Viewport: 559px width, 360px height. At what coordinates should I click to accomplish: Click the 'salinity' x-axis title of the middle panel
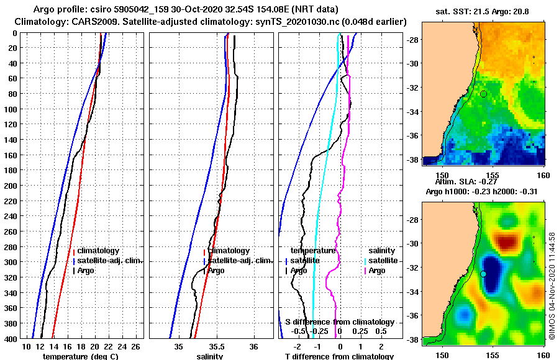[209, 356]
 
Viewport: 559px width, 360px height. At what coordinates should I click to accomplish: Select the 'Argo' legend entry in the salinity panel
[216, 271]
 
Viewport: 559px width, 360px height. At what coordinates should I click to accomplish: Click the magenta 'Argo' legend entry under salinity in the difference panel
[376, 271]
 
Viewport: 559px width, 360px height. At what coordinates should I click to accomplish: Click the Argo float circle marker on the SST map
[483, 94]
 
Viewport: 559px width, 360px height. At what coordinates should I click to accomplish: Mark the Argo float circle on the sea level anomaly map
[483, 274]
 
